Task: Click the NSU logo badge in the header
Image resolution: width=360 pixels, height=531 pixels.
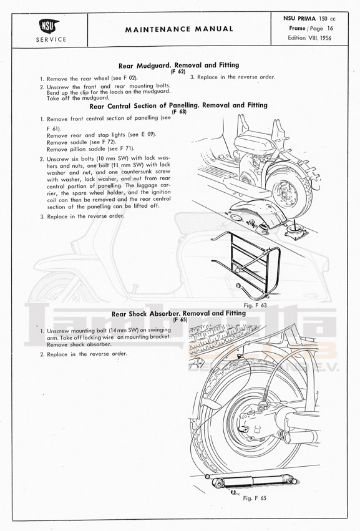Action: [49, 26]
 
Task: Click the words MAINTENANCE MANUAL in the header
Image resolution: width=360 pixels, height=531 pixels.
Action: [179, 29]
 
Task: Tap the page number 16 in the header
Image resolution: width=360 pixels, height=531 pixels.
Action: [330, 29]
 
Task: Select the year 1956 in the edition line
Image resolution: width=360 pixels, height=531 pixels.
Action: [324, 38]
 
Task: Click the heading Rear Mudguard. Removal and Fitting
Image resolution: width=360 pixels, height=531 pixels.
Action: [179, 65]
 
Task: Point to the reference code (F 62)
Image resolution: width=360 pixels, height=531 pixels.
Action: [178, 72]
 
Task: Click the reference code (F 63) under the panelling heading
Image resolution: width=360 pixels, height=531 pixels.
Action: [179, 112]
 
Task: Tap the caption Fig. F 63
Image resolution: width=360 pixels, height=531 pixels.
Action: [255, 305]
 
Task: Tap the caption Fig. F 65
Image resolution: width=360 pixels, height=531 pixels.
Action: [255, 498]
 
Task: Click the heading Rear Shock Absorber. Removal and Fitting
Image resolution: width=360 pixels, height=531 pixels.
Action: [179, 313]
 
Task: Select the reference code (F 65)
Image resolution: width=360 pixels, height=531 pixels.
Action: [180, 319]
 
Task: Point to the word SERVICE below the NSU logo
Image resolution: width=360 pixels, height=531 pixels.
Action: [51, 39]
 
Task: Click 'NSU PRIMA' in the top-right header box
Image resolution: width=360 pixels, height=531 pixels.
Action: [299, 19]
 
